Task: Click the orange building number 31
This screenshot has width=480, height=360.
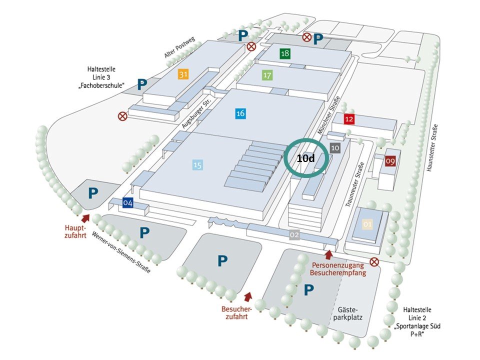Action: [183, 74]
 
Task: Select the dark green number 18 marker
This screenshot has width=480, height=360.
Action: [285, 53]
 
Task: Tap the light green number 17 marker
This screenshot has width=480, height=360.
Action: [267, 75]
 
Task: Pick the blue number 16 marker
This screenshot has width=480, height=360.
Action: [240, 113]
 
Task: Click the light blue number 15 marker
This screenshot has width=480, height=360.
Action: [197, 164]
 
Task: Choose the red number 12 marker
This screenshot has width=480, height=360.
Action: [349, 118]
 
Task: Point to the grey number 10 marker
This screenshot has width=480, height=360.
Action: [335, 147]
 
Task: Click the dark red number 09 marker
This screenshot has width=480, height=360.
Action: [390, 161]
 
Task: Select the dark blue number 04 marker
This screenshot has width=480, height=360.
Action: [128, 202]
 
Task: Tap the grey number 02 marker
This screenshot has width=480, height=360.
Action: [294, 234]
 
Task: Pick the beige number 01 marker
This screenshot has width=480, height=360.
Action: [367, 224]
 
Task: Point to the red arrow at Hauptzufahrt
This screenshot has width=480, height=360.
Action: [85, 218]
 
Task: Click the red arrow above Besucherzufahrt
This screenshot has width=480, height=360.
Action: [248, 296]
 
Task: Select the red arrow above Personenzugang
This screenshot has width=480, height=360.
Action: [328, 254]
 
